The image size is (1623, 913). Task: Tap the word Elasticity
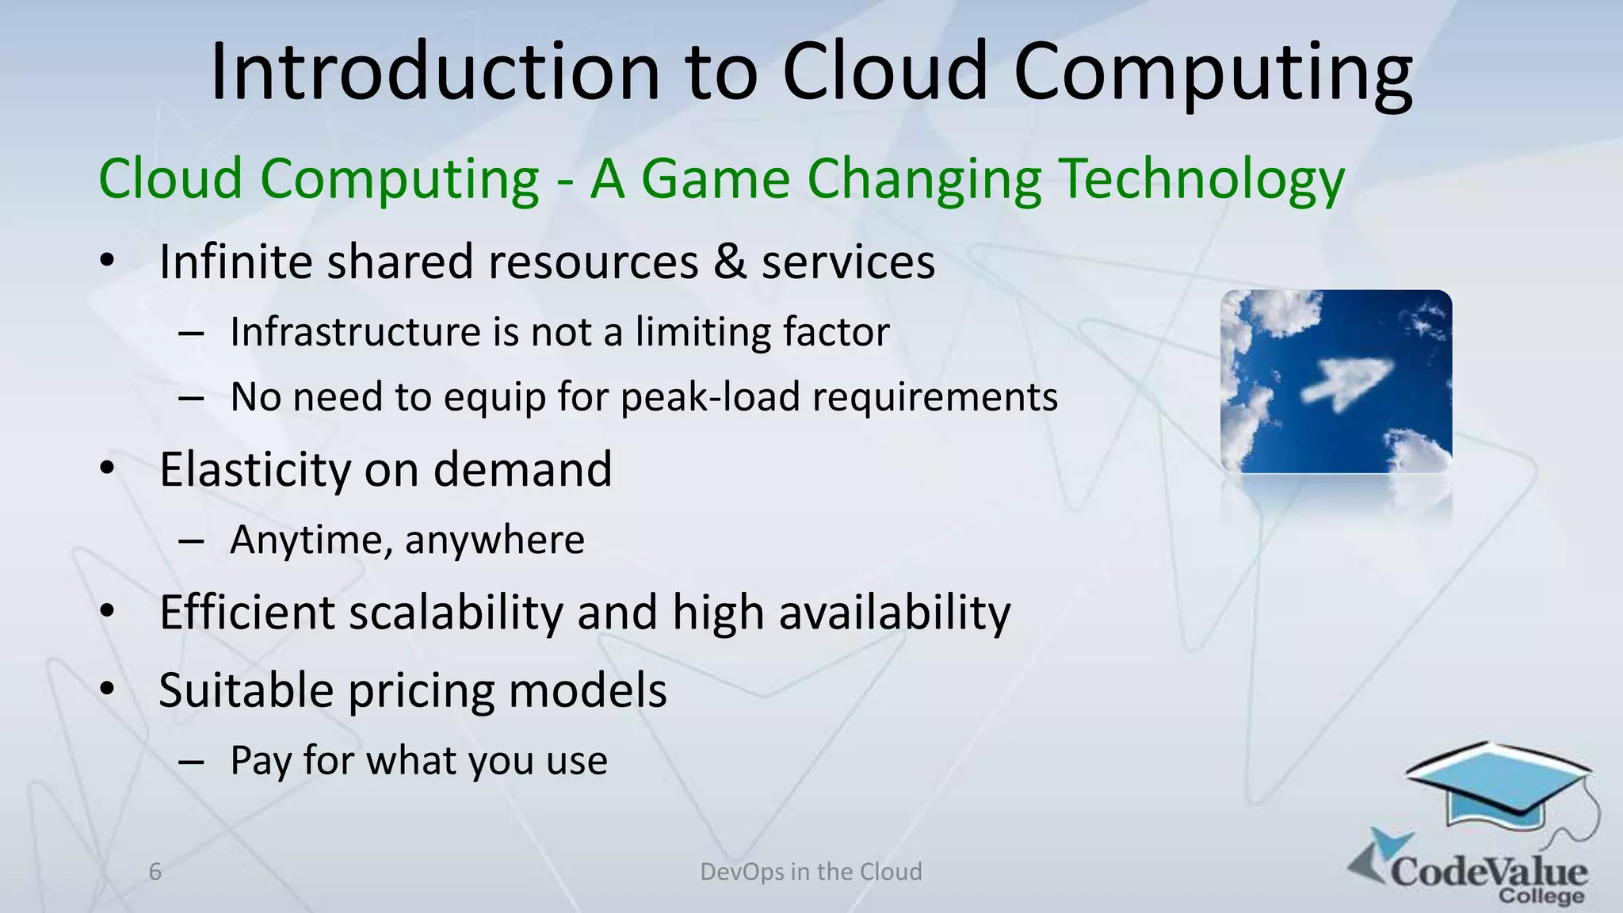click(x=254, y=469)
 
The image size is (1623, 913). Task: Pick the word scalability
click(x=456, y=613)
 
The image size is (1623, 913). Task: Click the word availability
click(x=895, y=613)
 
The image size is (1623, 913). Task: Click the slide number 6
click(x=155, y=872)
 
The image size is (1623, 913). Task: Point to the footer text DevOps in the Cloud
click(x=811, y=872)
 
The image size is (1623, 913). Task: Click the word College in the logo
click(x=1541, y=897)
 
